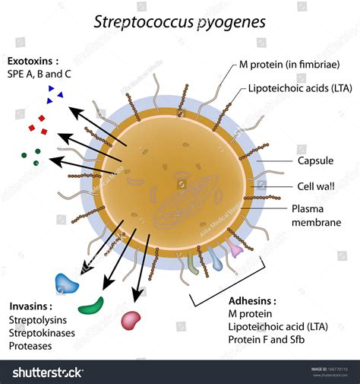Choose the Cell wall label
click(313, 186)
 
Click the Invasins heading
click(31, 306)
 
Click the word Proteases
click(31, 346)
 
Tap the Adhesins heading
click(252, 300)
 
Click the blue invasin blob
click(67, 284)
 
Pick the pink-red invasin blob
click(131, 319)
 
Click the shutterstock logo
click(47, 372)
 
